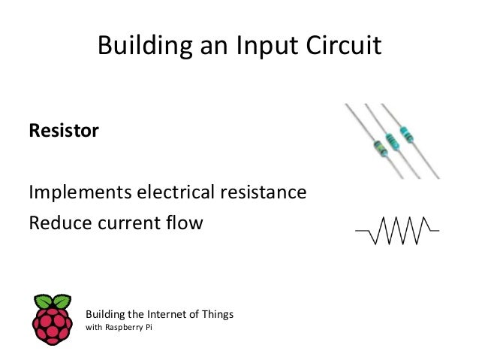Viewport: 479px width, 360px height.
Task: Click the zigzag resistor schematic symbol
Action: click(397, 231)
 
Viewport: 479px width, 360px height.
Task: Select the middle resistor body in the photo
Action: click(390, 141)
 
